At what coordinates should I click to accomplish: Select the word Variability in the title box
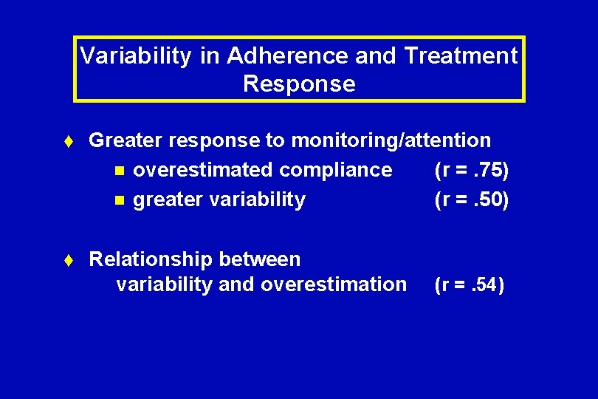pyautogui.click(x=135, y=56)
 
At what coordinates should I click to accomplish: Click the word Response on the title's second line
pyautogui.click(x=299, y=84)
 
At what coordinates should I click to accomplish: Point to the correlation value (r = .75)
pyautogui.click(x=472, y=170)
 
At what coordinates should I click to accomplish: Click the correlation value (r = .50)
pyautogui.click(x=472, y=199)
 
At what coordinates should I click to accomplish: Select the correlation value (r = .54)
pyautogui.click(x=470, y=284)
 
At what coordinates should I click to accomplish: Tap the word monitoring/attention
pyautogui.click(x=391, y=140)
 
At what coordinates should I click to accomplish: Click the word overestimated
pyautogui.click(x=202, y=170)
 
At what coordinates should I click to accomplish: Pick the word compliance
pyautogui.click(x=335, y=170)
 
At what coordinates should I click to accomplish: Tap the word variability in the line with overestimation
pyautogui.click(x=164, y=284)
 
